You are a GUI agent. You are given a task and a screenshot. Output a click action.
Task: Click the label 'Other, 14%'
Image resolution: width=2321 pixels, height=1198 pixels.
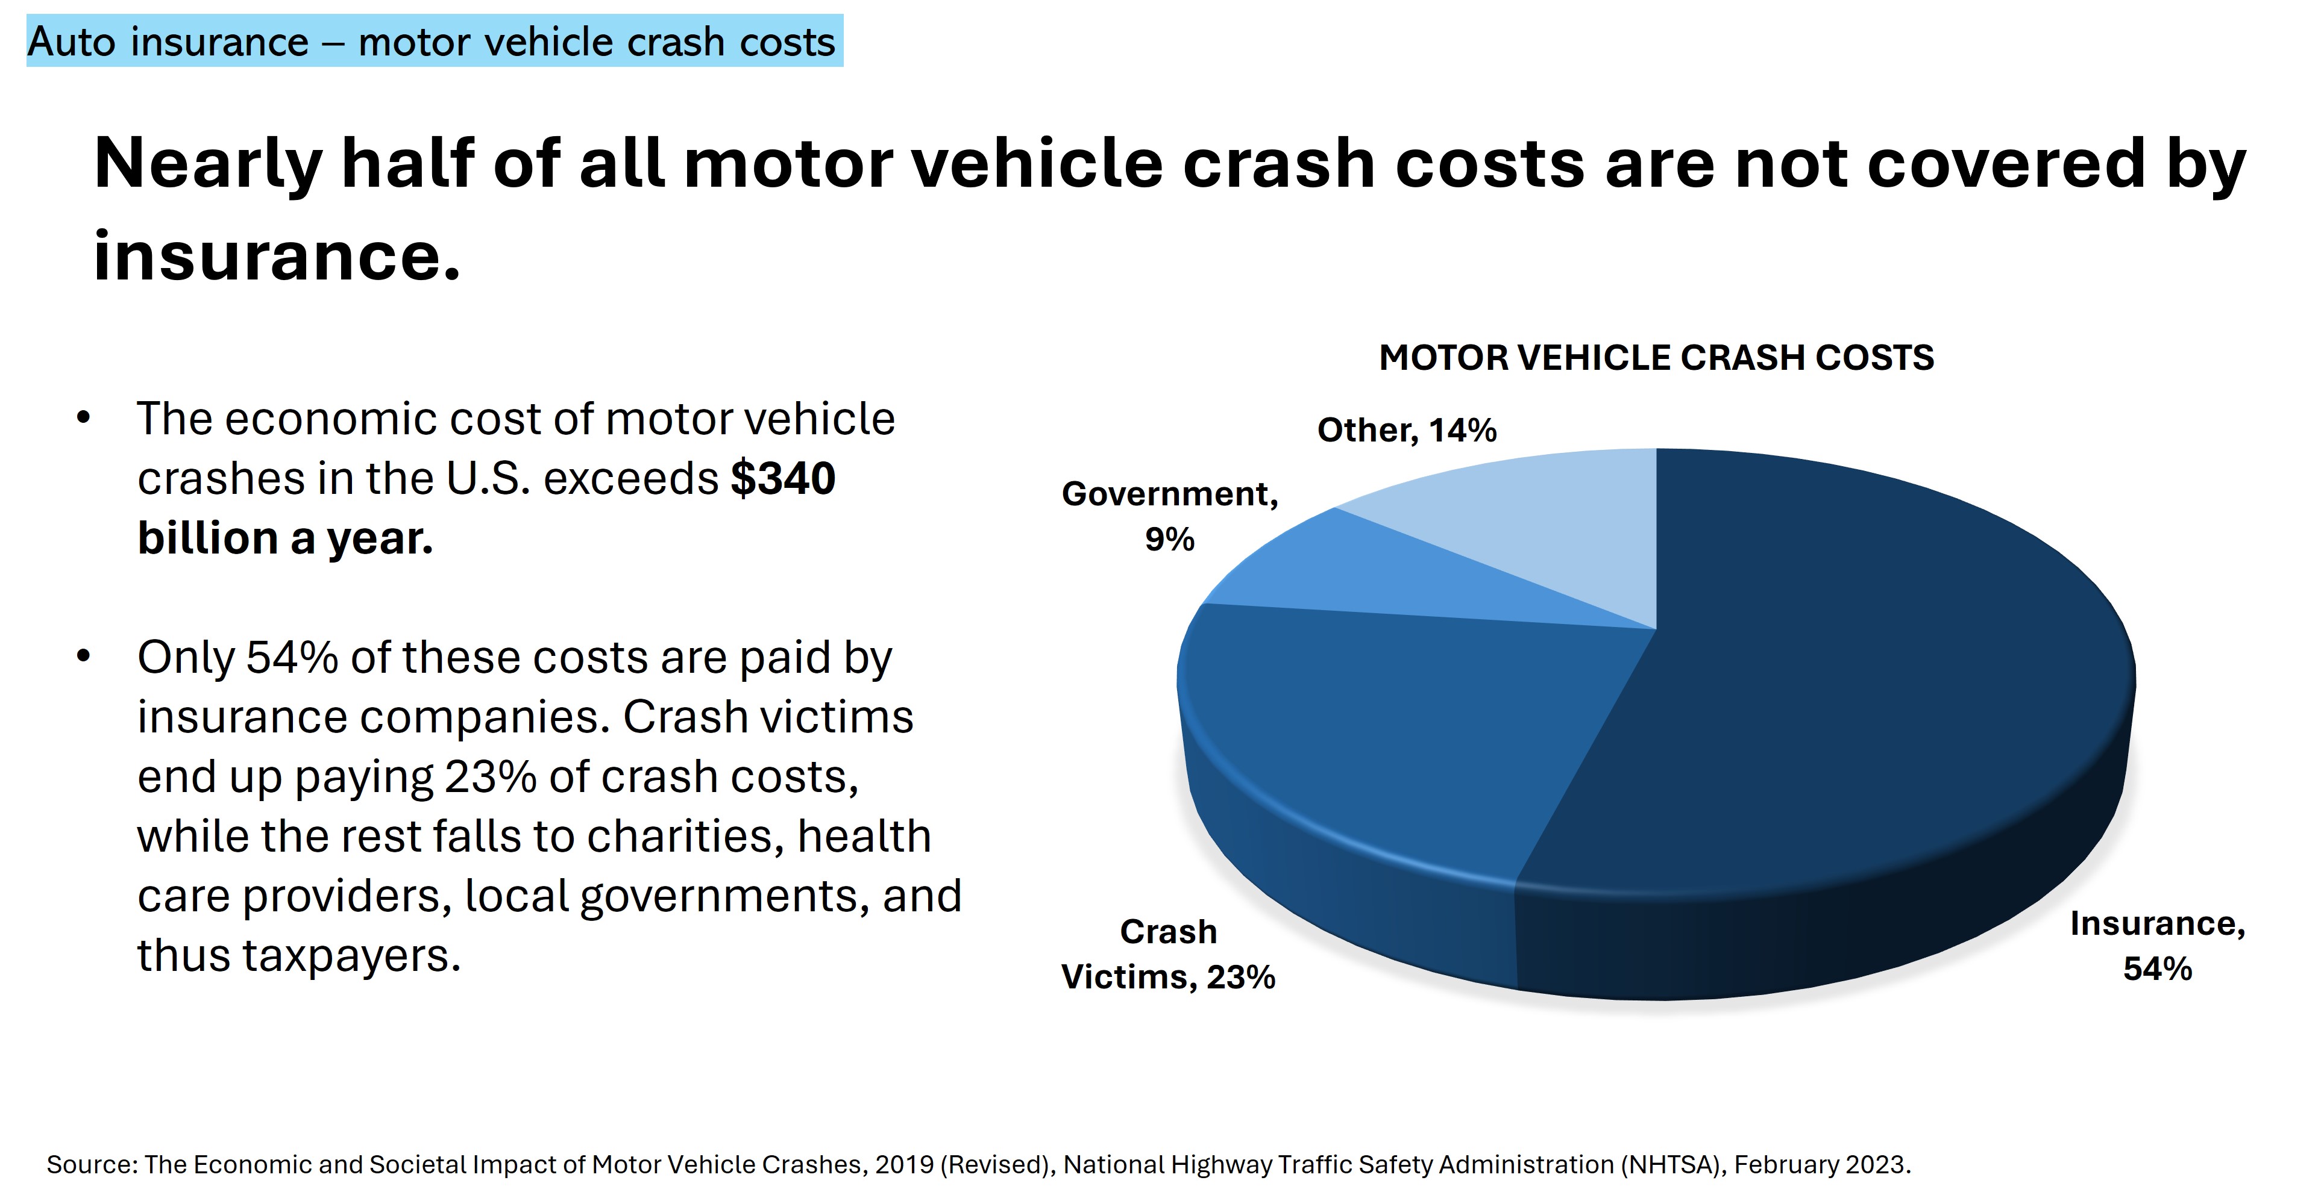click(x=1407, y=429)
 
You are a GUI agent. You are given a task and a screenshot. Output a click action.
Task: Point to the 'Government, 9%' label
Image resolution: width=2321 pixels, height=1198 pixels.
click(x=1169, y=515)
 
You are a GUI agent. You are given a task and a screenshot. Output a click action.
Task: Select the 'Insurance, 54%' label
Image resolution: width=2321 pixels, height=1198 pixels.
click(x=2157, y=946)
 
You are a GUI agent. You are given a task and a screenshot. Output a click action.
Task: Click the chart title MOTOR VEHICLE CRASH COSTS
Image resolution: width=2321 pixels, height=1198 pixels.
click(x=1656, y=358)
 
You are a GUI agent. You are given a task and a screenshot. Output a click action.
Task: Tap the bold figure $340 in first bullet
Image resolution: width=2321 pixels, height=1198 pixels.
click(x=782, y=478)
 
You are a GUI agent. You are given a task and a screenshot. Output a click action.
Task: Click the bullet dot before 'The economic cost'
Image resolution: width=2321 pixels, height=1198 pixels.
click(x=84, y=419)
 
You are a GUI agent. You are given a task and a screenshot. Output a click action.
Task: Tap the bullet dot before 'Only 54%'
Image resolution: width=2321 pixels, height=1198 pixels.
click(x=84, y=657)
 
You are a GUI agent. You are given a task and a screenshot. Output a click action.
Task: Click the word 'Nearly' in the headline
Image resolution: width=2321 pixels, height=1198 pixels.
click(x=207, y=164)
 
